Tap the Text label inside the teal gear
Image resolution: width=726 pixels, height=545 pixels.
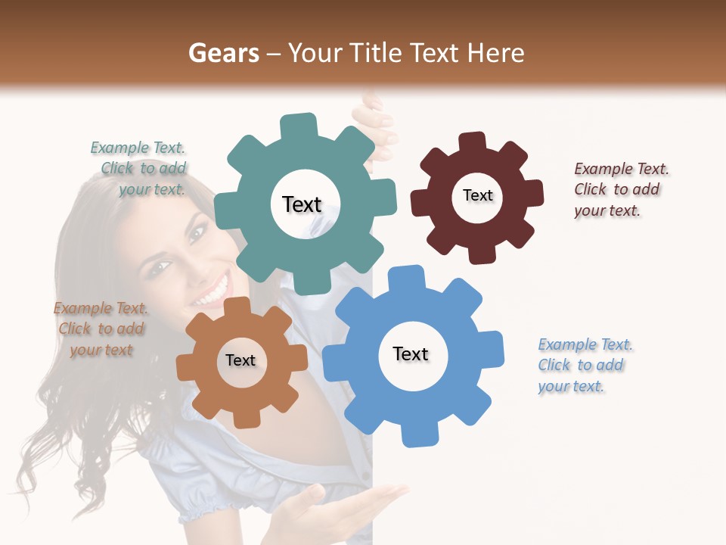pos(302,204)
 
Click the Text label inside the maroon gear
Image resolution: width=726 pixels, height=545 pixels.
pos(477,195)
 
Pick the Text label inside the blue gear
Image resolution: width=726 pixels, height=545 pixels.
pos(411,353)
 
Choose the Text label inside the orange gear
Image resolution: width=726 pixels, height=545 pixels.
pos(240,360)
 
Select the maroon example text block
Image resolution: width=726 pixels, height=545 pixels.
pos(620,189)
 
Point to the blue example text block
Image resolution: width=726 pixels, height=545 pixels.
pos(584,365)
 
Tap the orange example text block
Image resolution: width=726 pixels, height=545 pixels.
pos(101,329)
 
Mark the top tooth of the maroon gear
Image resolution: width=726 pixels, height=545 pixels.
pos(472,142)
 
